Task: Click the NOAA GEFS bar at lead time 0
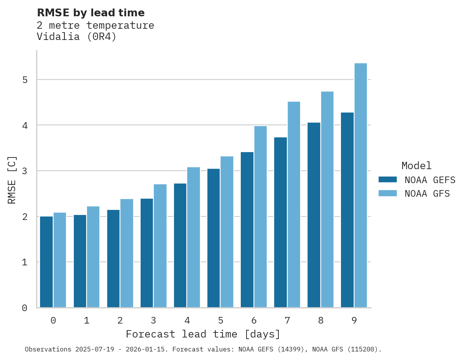coord(46,262)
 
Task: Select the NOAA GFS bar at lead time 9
coord(361,185)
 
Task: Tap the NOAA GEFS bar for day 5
coord(214,238)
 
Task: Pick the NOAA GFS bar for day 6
coord(260,216)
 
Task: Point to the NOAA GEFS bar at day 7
coord(280,222)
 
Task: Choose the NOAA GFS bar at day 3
coord(160,246)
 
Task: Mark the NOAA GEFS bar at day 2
coord(113,258)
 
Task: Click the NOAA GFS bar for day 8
coord(327,199)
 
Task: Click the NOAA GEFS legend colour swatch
coord(388,180)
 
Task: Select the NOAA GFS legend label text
coord(427,194)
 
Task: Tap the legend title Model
coord(416,166)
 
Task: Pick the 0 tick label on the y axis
coord(24,308)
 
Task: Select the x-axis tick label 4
coord(187,320)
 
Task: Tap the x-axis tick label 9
coord(354,320)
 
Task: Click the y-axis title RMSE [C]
coord(12,180)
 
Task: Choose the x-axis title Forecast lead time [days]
coord(203,334)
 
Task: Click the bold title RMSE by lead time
coord(90,13)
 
